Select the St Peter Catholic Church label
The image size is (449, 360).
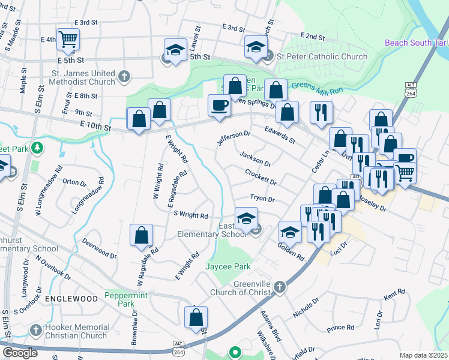pyautogui.click(x=322, y=56)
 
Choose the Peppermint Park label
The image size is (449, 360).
pyautogui.click(x=126, y=299)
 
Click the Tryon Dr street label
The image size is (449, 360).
pyautogui.click(x=262, y=199)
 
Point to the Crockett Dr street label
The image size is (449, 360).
pyautogui.click(x=261, y=177)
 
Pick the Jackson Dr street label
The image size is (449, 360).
pyautogui.click(x=256, y=159)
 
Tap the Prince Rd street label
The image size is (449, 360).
pyautogui.click(x=340, y=328)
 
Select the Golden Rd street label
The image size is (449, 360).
pyautogui.click(x=291, y=251)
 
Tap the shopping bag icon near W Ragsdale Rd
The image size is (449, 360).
pyautogui.click(x=141, y=235)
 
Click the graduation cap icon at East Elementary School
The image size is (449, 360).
pyautogui.click(x=246, y=218)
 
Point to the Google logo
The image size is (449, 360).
pyautogui.click(x=20, y=353)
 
